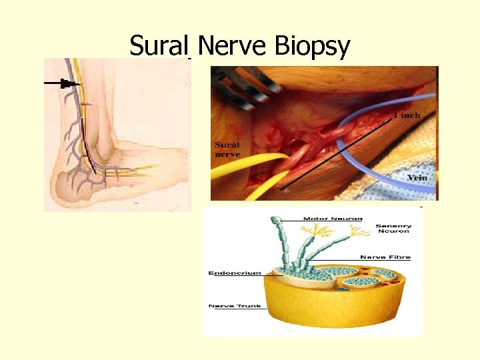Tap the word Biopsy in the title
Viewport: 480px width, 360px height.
(x=311, y=47)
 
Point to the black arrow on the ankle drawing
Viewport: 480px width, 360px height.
(x=63, y=83)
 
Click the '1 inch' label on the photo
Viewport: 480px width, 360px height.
(x=407, y=115)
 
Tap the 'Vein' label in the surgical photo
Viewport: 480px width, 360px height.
(x=419, y=178)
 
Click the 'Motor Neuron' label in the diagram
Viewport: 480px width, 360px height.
(x=333, y=219)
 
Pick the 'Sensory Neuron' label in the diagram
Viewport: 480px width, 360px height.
(x=393, y=229)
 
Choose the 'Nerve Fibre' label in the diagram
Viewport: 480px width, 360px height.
(x=385, y=257)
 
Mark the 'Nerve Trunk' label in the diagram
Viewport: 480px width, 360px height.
(x=235, y=306)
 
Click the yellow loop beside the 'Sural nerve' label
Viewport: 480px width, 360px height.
(x=243, y=170)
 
